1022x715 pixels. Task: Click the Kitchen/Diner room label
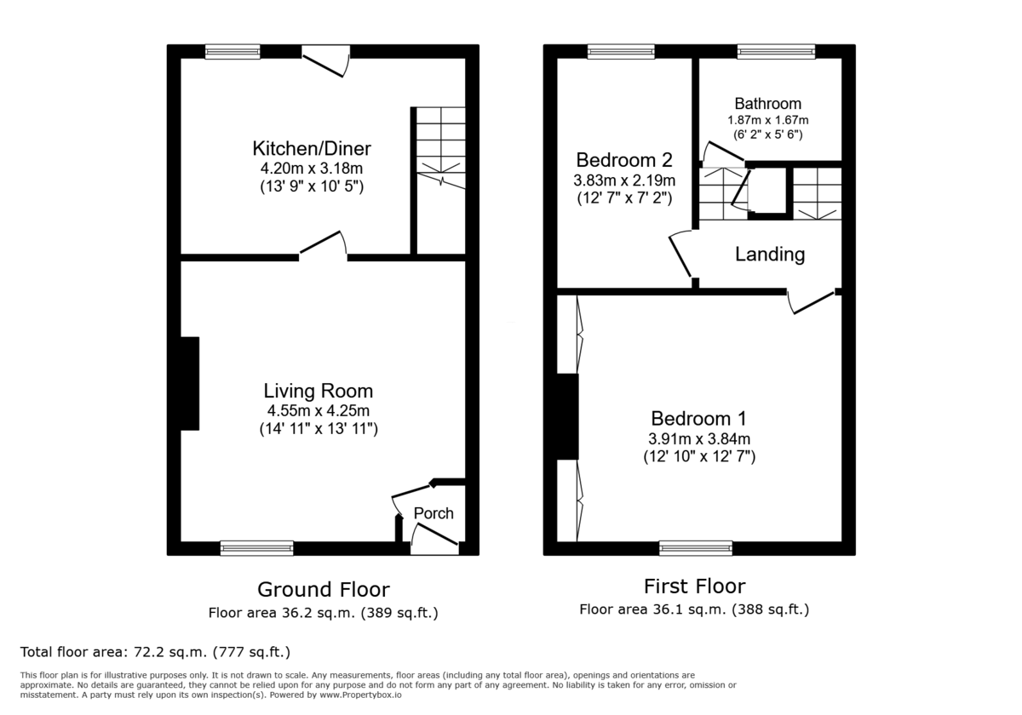311,148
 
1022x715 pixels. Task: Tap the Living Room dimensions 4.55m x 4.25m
318,411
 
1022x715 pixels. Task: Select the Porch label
433,513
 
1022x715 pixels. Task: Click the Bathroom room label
767,104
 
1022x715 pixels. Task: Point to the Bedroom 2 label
624,160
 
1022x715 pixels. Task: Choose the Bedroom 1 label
698,418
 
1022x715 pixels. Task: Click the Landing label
769,254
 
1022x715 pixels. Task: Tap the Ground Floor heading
324,589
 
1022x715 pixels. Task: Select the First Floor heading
694,586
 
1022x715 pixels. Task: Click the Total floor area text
155,652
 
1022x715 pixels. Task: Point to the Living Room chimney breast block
189,383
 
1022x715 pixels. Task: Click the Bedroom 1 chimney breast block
567,416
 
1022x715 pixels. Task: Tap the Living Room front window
256,547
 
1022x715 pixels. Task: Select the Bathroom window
775,52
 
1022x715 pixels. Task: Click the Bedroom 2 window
620,52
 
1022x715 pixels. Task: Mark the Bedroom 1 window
695,547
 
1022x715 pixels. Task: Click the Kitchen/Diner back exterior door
325,58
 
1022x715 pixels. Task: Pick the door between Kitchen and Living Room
322,248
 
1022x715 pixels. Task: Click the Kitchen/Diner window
233,52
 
